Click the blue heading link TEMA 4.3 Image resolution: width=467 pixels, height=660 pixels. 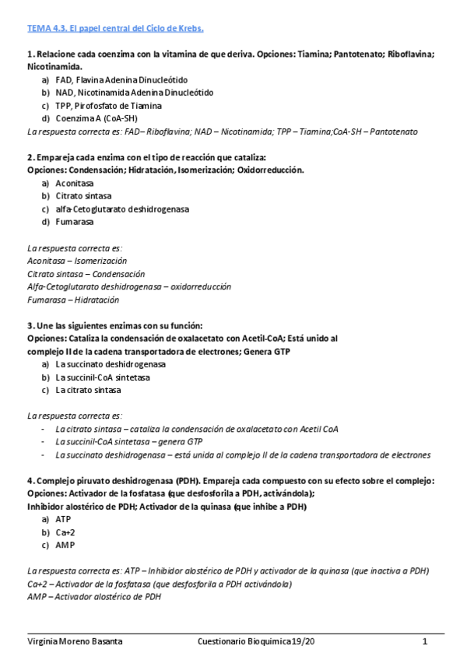point(46,29)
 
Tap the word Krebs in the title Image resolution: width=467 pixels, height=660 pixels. point(188,29)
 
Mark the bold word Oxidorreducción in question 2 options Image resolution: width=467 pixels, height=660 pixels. point(269,170)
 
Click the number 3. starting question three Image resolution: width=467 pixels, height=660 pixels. point(30,325)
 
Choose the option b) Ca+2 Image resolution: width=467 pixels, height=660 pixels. point(67,532)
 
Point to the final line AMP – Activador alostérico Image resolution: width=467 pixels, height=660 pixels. point(93,597)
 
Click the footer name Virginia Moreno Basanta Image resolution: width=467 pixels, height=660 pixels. point(75,641)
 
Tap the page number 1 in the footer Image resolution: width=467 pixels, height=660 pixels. point(425,641)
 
